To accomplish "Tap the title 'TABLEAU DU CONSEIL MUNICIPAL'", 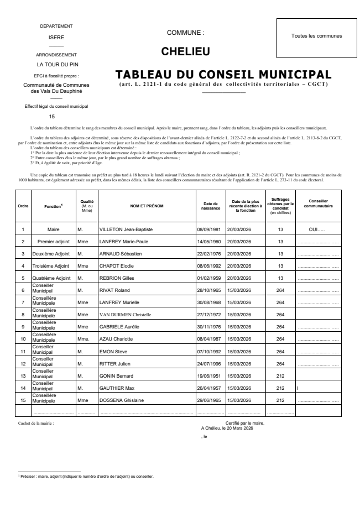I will coord(223,75).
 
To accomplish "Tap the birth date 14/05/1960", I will coord(210,242).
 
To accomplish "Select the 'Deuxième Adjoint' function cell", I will coord(53,254).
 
